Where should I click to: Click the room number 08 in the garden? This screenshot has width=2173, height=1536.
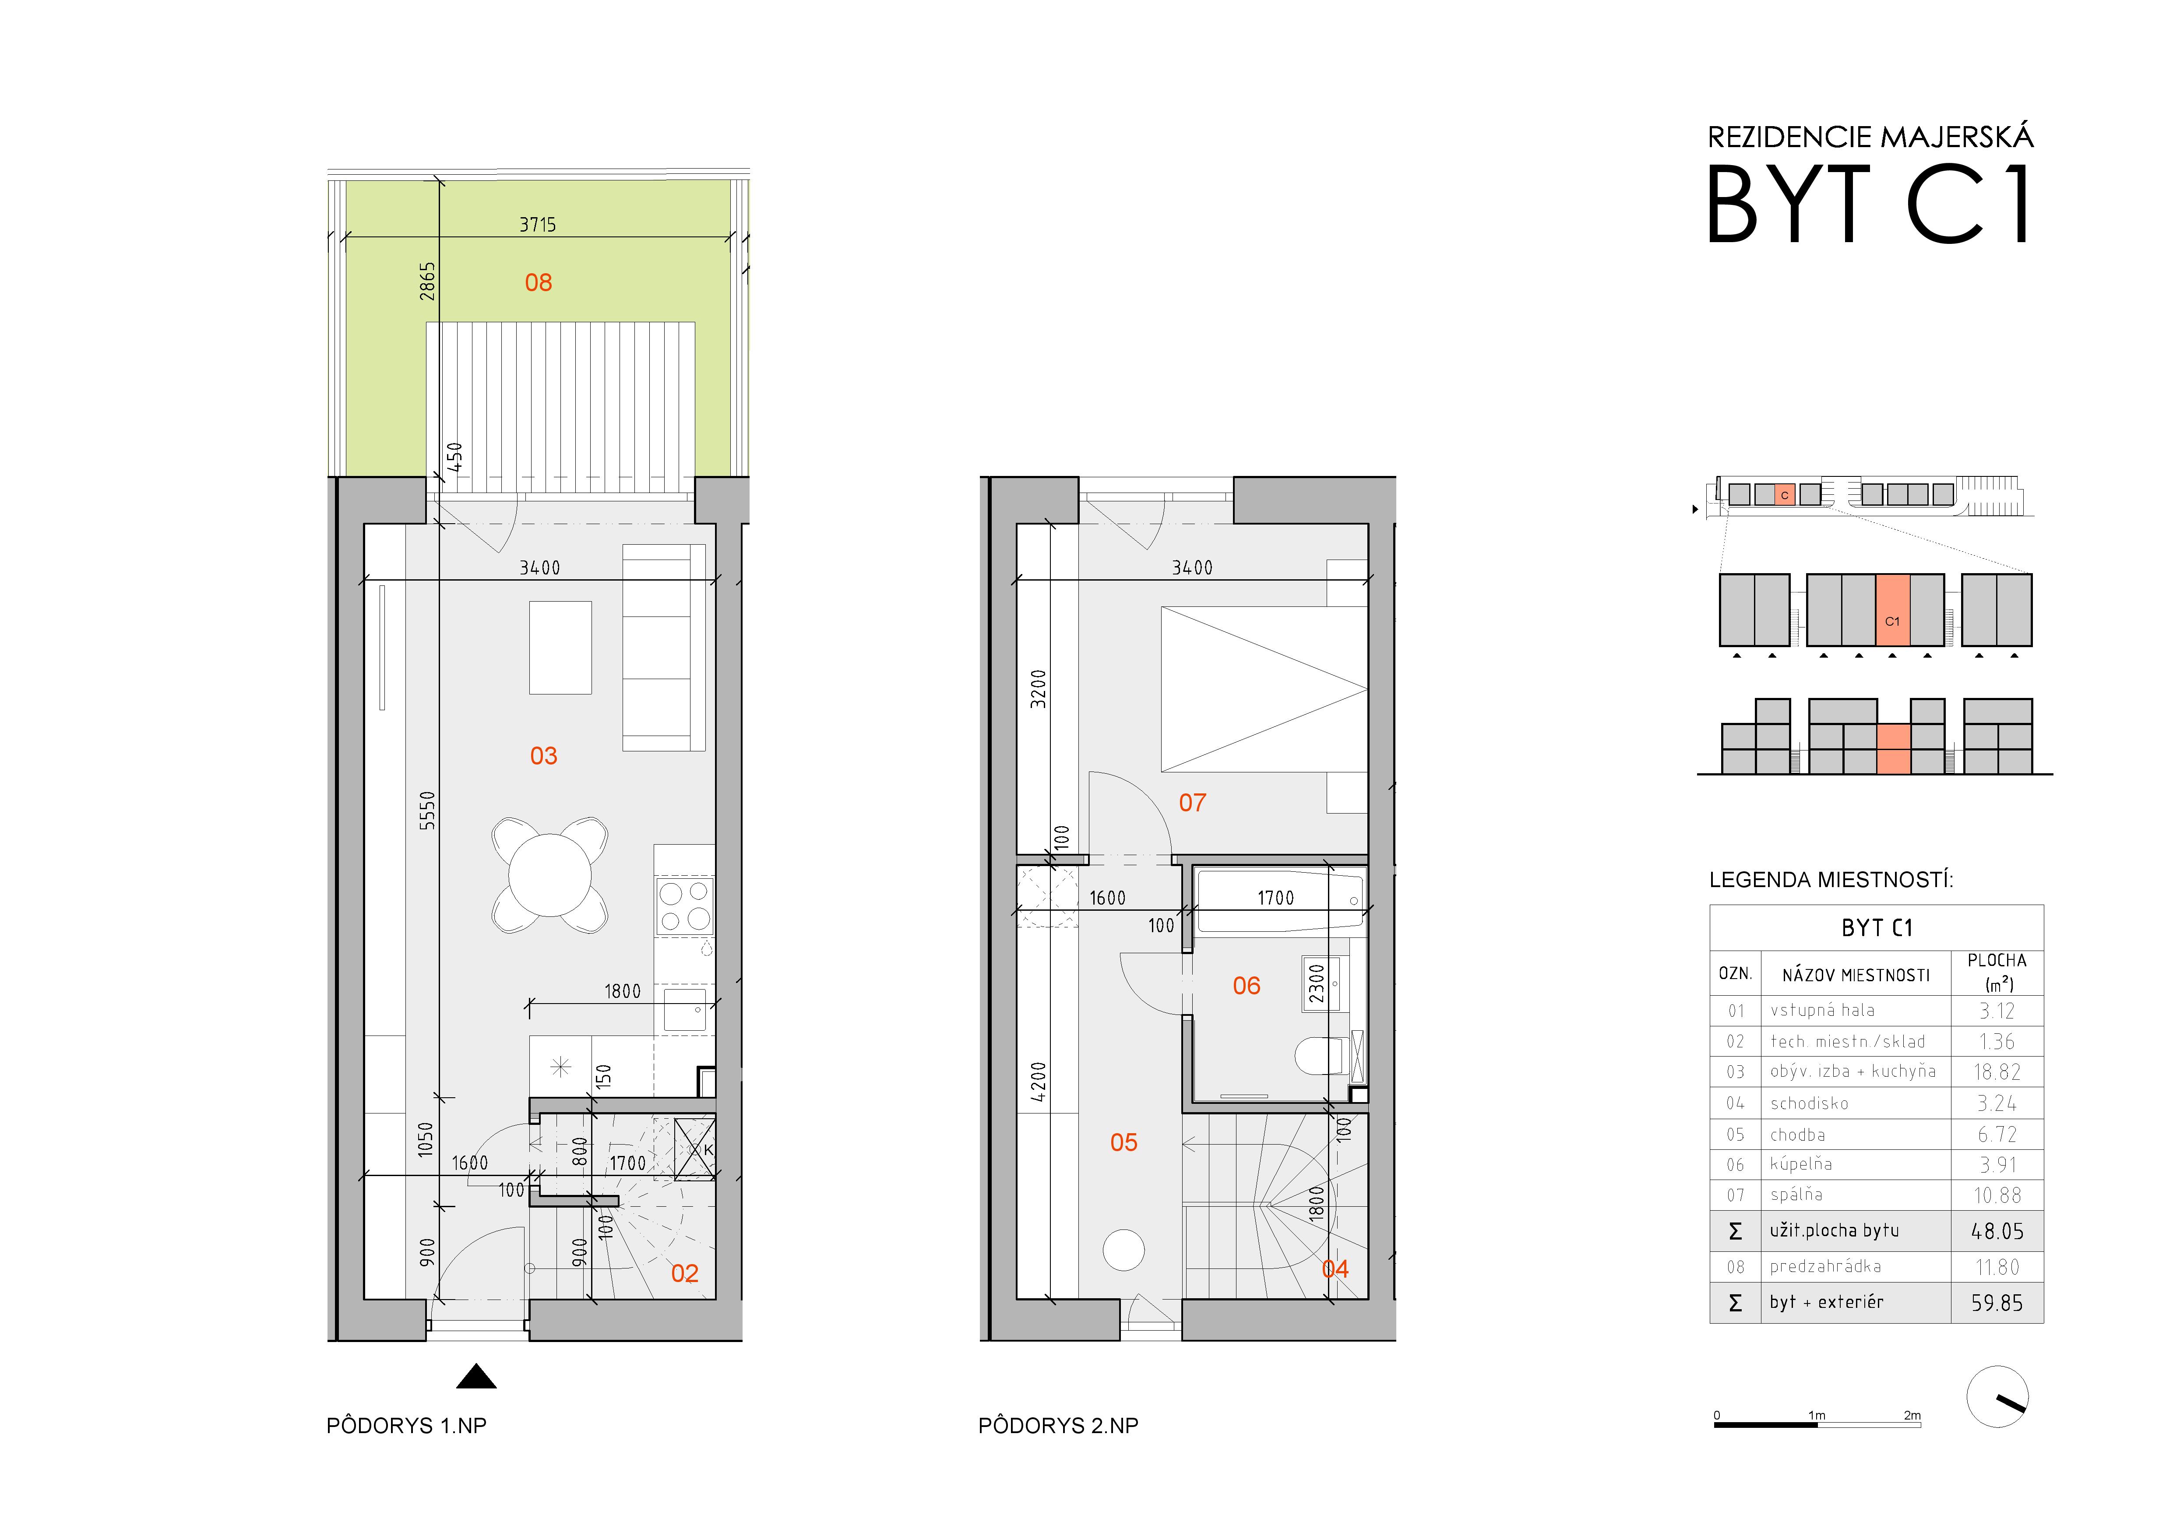539,282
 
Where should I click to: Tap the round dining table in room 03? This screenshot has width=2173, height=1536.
550,874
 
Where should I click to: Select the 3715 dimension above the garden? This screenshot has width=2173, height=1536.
538,224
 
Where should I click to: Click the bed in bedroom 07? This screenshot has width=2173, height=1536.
1264,689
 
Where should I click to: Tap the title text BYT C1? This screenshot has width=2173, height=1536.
1869,204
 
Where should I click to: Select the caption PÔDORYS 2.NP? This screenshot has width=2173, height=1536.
1058,1425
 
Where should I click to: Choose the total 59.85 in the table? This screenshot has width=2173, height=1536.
1997,1303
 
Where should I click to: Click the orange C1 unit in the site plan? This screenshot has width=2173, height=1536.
1893,609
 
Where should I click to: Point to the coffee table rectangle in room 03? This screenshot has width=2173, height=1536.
560,647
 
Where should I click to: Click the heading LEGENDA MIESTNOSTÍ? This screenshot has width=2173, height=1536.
1831,880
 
